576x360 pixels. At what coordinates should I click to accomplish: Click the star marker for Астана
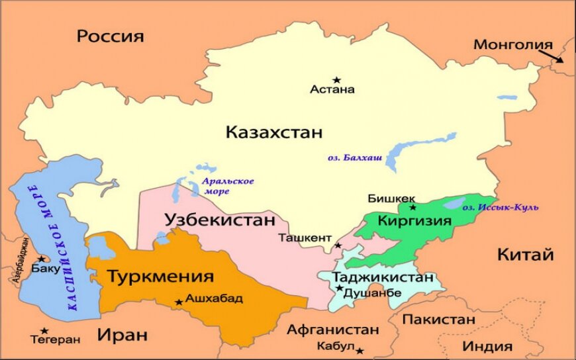coord(336,79)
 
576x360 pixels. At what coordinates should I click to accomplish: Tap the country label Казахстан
coord(274,132)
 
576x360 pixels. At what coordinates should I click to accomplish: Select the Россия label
coord(110,36)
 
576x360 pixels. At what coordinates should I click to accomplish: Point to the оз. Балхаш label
coord(354,158)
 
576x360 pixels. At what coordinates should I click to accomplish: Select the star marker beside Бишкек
coord(412,207)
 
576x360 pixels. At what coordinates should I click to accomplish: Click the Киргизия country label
coord(414,221)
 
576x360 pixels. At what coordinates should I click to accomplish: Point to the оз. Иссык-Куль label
coord(500,207)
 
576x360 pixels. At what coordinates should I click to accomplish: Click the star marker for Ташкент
coord(338,246)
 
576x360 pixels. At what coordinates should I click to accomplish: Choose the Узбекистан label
coord(219,219)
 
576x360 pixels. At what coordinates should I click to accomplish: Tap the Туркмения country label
coord(160,276)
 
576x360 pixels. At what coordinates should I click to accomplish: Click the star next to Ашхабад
coord(178,302)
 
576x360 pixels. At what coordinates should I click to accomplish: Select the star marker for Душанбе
coord(340,288)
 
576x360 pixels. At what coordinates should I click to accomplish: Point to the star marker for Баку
coord(41,259)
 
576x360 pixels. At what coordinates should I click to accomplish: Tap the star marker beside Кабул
coord(360,350)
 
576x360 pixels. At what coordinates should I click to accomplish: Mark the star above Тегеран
coord(44,330)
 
